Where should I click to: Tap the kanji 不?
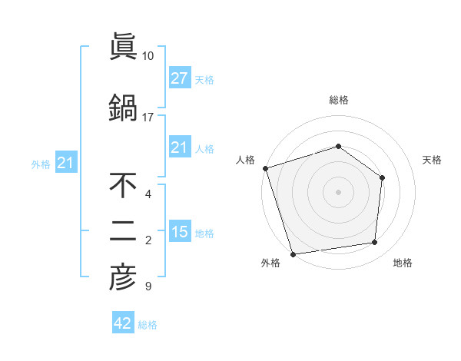pos(122,185)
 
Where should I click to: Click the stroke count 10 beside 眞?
pos(148,56)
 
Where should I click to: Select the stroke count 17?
pos(148,117)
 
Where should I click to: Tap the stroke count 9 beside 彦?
pos(148,287)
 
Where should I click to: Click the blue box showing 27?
pos(179,78)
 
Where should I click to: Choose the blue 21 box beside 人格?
pos(179,147)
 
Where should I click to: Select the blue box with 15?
pos(179,231)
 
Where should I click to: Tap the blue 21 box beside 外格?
pos(65,163)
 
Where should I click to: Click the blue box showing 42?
pos(122,323)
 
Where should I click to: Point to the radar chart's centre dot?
pos(338,191)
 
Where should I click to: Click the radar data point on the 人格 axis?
pos(265,168)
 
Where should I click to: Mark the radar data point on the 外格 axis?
pos(293,253)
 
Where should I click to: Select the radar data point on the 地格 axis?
pos(375,243)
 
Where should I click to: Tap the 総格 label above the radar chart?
pos(338,100)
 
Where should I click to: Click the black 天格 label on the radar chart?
pos(432,160)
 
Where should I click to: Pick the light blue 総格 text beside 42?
pos(148,325)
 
